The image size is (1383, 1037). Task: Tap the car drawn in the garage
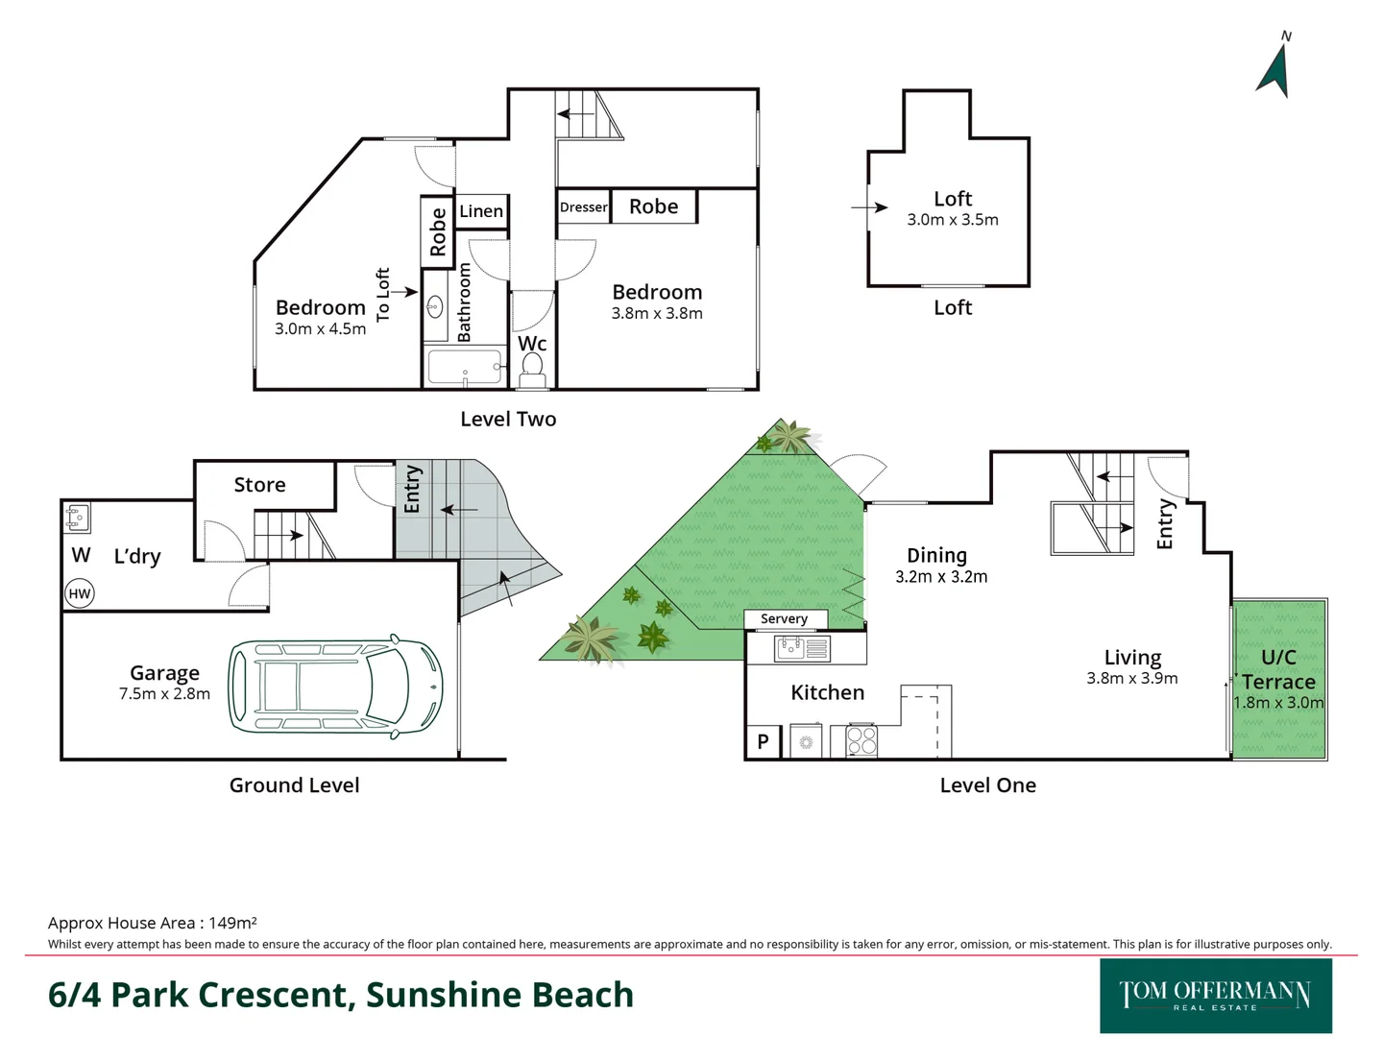(335, 687)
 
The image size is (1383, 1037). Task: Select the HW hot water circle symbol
(80, 593)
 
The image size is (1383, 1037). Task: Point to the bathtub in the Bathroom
(465, 367)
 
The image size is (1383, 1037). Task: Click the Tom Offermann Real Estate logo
(1215, 995)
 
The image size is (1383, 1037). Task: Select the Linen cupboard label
(481, 211)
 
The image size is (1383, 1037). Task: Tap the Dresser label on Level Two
(583, 207)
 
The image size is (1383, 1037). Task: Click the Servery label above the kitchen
(784, 619)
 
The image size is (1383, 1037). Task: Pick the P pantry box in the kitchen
(763, 741)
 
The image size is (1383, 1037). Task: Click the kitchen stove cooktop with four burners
(861, 741)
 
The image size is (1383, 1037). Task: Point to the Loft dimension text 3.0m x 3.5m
(953, 220)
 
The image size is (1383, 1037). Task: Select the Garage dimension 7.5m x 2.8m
(164, 694)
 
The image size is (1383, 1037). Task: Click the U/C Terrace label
(1278, 669)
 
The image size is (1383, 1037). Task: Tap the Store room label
(259, 485)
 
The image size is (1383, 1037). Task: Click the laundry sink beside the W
(78, 518)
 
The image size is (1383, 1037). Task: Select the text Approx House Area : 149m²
(152, 923)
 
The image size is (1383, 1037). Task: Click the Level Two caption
(508, 420)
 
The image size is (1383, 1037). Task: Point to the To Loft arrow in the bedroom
(403, 292)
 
